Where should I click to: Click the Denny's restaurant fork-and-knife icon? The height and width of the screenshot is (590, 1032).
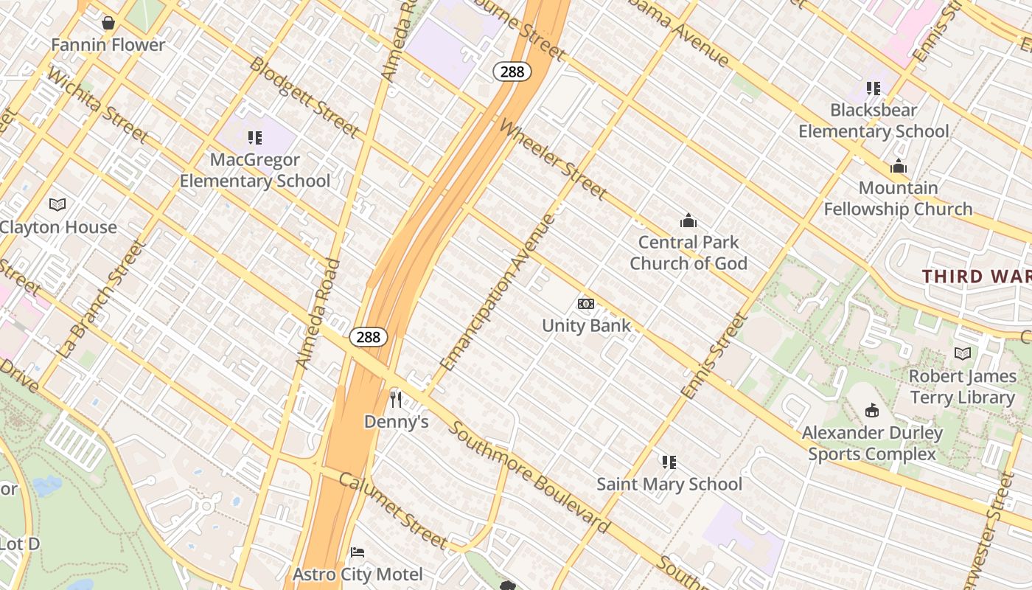(396, 400)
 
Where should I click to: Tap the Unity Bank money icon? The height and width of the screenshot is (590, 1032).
(586, 304)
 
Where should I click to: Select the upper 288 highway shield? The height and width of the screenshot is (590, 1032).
(512, 72)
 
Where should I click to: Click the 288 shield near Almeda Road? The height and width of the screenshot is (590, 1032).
(368, 337)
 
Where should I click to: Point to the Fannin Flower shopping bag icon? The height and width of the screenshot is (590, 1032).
(108, 23)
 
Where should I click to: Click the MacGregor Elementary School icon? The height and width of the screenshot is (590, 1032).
(255, 137)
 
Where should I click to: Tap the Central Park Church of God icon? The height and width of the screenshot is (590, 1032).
(688, 221)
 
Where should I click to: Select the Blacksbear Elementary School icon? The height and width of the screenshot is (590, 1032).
(874, 88)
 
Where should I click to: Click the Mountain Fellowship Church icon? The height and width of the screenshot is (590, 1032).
(898, 166)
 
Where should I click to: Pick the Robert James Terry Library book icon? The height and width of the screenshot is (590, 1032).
(962, 354)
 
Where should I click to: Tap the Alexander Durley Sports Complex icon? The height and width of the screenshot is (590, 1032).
(872, 410)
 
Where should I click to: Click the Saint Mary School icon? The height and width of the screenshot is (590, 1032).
(669, 462)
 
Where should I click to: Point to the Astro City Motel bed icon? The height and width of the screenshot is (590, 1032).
(358, 552)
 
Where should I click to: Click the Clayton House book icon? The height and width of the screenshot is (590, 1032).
(57, 204)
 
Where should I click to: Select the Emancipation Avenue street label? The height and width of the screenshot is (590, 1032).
(498, 292)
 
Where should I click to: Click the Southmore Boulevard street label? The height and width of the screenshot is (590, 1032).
(529, 477)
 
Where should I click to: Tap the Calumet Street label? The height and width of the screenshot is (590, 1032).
(393, 510)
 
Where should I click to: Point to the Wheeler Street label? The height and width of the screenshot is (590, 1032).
(554, 159)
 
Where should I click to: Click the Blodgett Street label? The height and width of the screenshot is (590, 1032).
(304, 97)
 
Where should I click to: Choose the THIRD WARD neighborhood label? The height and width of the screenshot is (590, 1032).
(976, 277)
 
